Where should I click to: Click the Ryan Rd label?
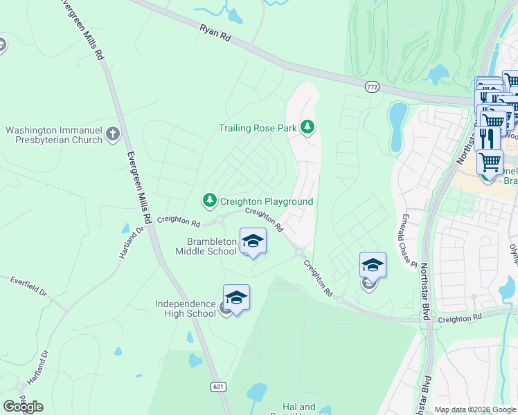tap(215, 35)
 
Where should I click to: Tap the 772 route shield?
tap(373, 86)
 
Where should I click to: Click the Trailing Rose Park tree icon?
tap(307, 127)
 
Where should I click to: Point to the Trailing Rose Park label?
tap(258, 128)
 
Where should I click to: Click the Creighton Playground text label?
tap(267, 201)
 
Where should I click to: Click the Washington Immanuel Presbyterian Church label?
tap(54, 135)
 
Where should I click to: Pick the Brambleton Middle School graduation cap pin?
tap(253, 241)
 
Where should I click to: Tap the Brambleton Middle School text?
tap(211, 246)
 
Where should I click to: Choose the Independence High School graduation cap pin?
tap(236, 298)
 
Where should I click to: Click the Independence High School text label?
tap(186, 308)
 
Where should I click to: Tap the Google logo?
tap(23, 407)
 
